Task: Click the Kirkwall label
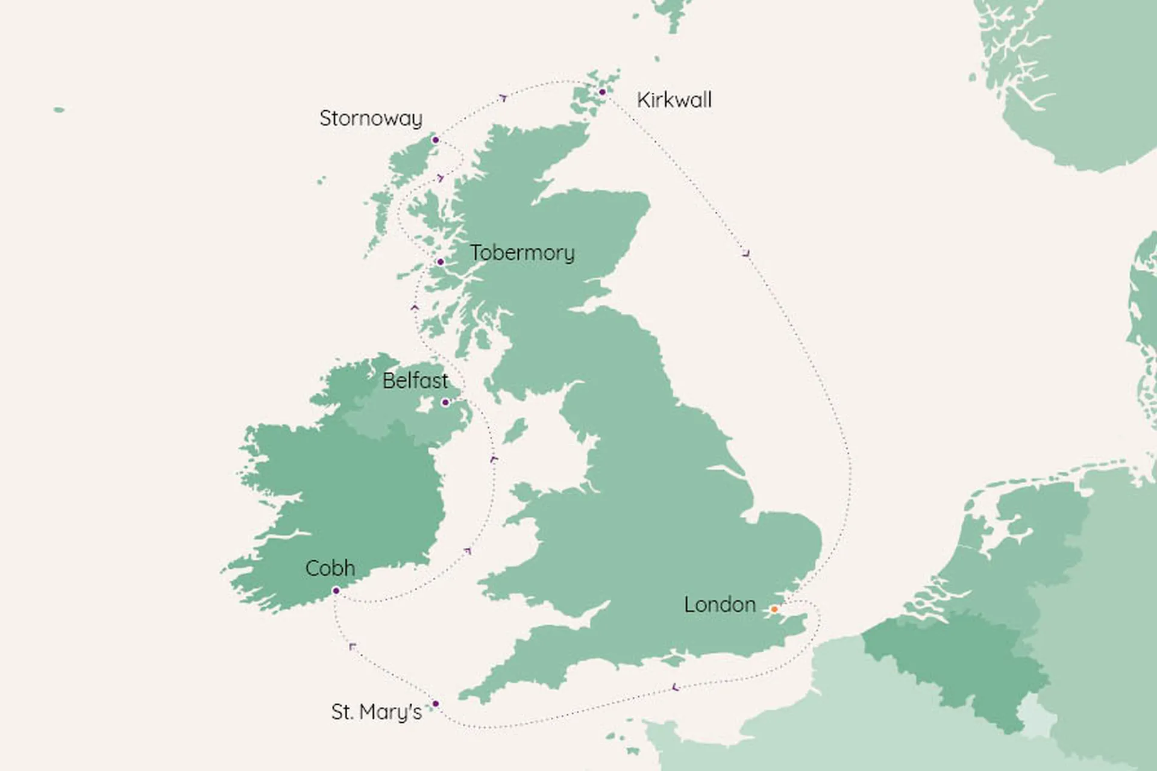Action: pyautogui.click(x=674, y=100)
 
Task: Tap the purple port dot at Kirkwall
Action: pyautogui.click(x=602, y=92)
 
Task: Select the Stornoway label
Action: pyautogui.click(x=371, y=119)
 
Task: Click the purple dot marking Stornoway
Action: pyautogui.click(x=436, y=140)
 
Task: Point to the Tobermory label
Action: pyautogui.click(x=522, y=253)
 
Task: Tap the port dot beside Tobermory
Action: pyautogui.click(x=441, y=262)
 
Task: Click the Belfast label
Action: pyautogui.click(x=415, y=381)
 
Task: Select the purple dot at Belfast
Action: pyautogui.click(x=445, y=402)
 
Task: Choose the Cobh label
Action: pyautogui.click(x=330, y=568)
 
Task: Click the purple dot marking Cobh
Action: pyautogui.click(x=336, y=591)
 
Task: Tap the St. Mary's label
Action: pyautogui.click(x=376, y=712)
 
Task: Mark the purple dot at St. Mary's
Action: pyautogui.click(x=436, y=704)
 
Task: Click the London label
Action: pyautogui.click(x=720, y=605)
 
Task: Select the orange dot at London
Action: pyautogui.click(x=774, y=610)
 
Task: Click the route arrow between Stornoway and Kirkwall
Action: pyautogui.click(x=504, y=98)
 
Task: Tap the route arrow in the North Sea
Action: pyautogui.click(x=747, y=254)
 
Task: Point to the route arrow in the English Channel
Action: pyautogui.click(x=675, y=687)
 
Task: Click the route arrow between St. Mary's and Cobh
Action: pyautogui.click(x=353, y=647)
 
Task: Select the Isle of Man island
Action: pyautogui.click(x=515, y=431)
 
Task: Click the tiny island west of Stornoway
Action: pyautogui.click(x=59, y=110)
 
